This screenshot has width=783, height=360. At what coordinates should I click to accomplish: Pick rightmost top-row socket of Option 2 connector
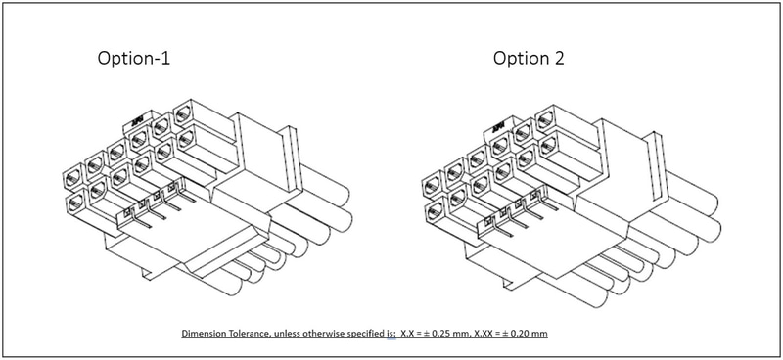pyautogui.click(x=546, y=118)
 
